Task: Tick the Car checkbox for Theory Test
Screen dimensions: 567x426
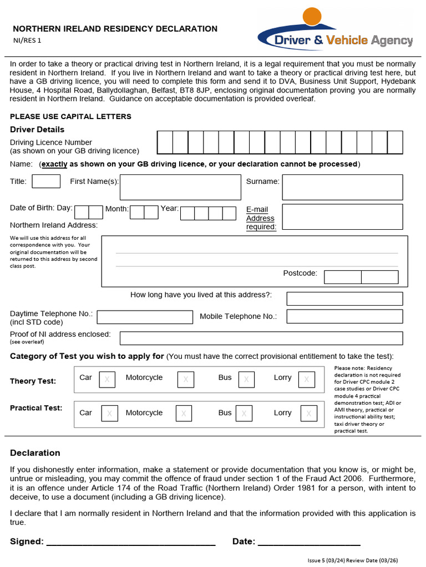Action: (107, 379)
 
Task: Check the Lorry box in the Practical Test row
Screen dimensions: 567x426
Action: (308, 414)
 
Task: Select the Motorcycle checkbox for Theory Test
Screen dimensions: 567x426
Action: (185, 379)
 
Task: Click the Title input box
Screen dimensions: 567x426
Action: (46, 182)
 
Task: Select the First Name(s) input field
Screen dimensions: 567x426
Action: (180, 187)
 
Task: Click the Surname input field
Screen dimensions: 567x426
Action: (342, 187)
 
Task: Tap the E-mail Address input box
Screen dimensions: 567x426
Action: (342, 217)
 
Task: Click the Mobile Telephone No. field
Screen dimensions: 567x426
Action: (344, 317)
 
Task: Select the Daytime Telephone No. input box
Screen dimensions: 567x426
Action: (145, 317)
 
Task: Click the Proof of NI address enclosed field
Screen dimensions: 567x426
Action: (261, 338)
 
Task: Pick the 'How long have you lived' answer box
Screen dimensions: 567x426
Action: (344, 299)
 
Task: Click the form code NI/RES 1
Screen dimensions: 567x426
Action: (27, 40)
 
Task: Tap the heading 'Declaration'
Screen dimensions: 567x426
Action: (35, 453)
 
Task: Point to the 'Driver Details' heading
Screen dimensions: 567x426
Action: (37, 130)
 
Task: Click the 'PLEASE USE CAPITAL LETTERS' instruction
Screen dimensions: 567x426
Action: (70, 117)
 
